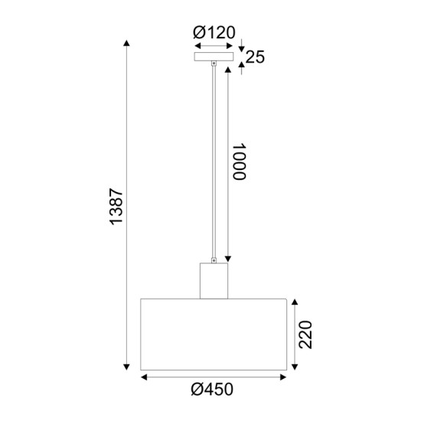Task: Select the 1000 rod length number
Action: coord(240,162)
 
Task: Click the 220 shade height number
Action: coord(306,334)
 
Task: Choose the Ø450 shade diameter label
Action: coord(213,389)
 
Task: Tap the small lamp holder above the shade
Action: coord(214,281)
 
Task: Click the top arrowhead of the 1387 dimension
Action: coord(126,40)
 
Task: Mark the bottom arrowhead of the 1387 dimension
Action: coord(126,370)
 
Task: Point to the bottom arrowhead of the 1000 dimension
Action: coord(227,260)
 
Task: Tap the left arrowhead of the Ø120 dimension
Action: coord(197,45)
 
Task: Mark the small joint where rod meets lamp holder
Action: coord(214,259)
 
